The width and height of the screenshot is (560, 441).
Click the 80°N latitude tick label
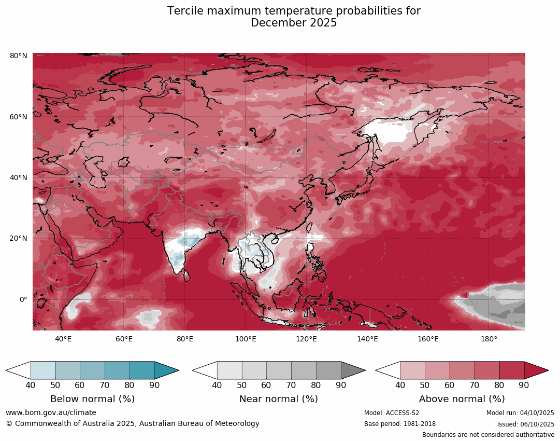coord(19,56)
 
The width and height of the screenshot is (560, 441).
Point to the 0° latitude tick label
coord(23,299)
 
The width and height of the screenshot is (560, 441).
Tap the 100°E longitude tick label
coord(246,339)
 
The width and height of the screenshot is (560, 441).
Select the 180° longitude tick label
coord(489,339)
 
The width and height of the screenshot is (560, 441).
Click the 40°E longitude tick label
coord(63,339)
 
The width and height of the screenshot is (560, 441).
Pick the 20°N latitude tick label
coord(19,239)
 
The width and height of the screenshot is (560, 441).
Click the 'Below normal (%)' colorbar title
coord(92,399)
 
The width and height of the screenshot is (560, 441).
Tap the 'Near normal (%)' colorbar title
coord(279,399)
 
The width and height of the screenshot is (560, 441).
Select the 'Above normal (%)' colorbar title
coord(462,399)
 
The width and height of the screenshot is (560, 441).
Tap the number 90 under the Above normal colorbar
coord(524,385)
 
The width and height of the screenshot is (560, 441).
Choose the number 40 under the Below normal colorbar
coord(31,385)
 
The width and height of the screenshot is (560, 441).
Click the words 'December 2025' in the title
coord(294,23)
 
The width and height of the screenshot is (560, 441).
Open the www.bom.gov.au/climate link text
coord(51,412)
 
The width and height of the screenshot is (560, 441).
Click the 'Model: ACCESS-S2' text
coord(392,413)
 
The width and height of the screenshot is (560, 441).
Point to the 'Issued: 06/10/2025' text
coord(525,424)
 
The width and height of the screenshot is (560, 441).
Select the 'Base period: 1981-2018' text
coord(400,424)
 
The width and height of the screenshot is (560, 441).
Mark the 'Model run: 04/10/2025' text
coord(520,413)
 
